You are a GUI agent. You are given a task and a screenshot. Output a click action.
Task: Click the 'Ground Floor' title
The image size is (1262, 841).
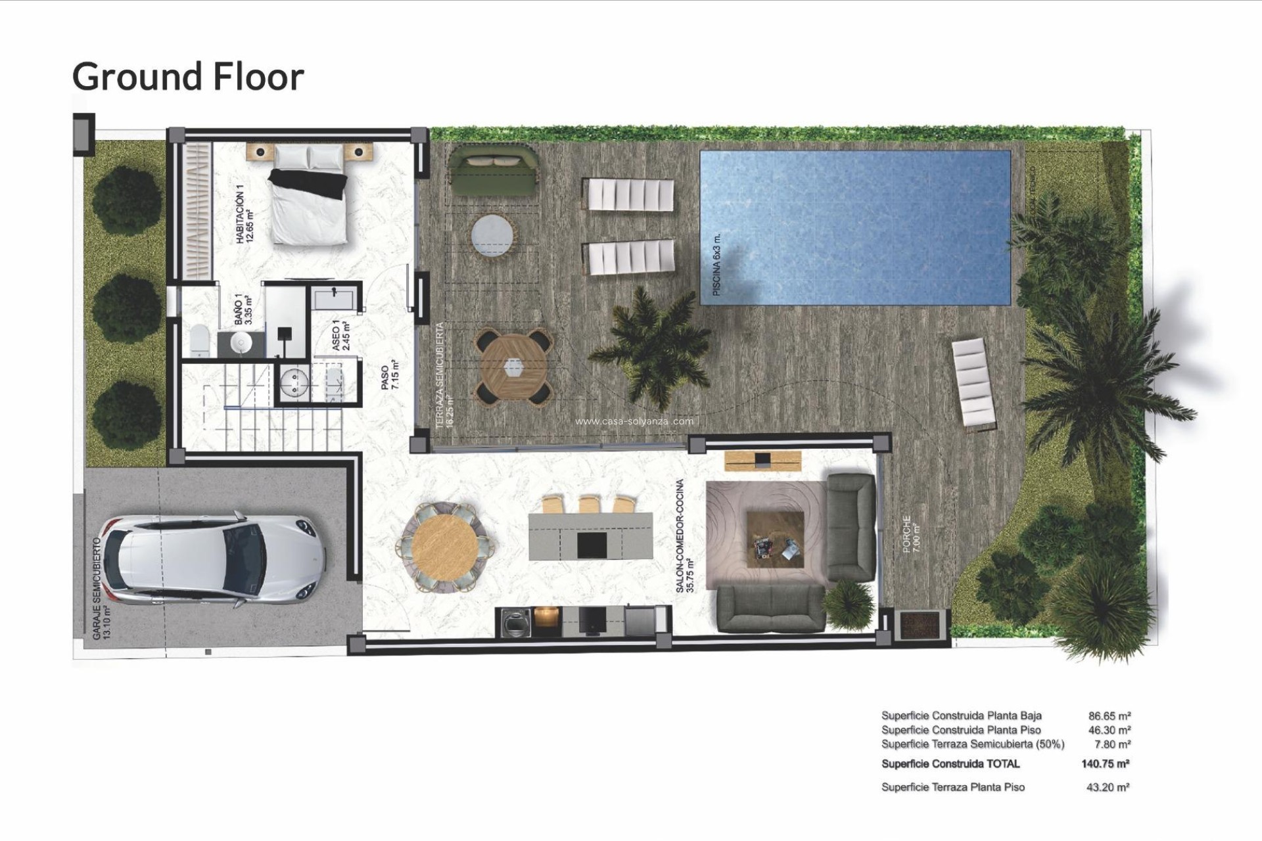point(188,76)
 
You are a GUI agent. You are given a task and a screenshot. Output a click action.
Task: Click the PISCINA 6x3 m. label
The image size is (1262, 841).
point(717,264)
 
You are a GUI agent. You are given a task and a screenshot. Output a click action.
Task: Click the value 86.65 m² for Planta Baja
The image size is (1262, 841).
point(1109,716)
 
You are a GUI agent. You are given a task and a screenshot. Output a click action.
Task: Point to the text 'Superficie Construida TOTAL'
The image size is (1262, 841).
point(950,763)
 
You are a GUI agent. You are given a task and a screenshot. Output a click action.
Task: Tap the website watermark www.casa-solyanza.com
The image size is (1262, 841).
point(634,422)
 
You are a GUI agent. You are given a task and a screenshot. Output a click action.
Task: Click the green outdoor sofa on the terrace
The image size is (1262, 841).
point(494,171)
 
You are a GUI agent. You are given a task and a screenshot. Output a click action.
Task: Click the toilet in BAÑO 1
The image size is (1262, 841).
point(200,340)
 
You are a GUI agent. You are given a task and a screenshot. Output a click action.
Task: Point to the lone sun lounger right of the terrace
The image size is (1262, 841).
point(974,382)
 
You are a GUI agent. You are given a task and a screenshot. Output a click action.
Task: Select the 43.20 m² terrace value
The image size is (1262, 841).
point(1108,787)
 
